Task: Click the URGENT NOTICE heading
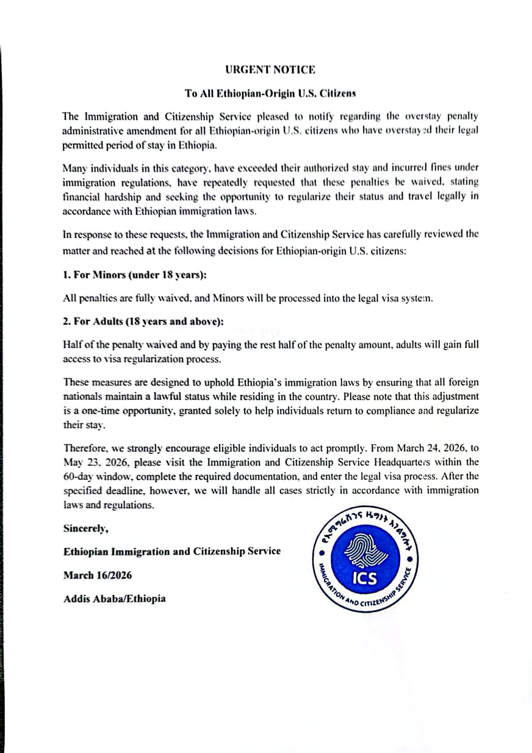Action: point(270,70)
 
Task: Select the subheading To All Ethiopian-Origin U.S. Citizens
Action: point(270,94)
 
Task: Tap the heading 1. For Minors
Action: point(134,275)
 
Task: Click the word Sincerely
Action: point(86,528)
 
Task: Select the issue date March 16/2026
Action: point(98,575)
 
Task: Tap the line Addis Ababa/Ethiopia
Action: point(114,599)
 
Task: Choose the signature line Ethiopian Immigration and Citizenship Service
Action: point(172,551)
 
